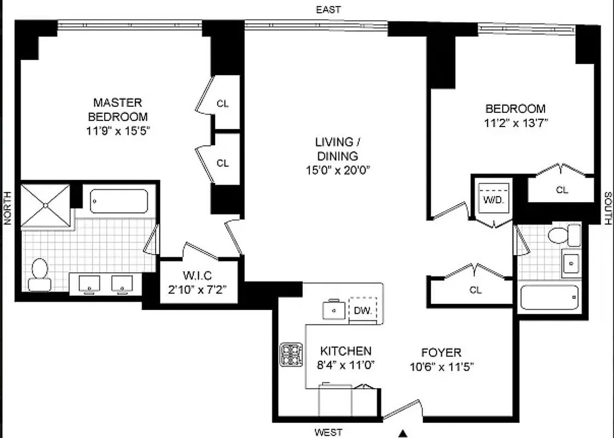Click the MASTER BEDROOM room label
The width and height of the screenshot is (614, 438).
pos(118,109)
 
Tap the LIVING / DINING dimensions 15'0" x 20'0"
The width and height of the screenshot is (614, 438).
pos(338,170)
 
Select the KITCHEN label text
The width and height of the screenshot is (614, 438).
pos(346,351)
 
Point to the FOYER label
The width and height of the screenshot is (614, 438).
pos(441,352)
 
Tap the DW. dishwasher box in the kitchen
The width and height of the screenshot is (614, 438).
pos(363,310)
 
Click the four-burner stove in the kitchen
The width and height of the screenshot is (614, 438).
pos(291,354)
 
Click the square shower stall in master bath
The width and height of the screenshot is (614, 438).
pos(45,205)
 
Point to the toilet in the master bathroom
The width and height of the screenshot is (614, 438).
pos(39,274)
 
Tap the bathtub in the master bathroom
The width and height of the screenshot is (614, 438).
pos(118,201)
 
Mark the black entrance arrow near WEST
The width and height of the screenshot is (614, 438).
pos(404,434)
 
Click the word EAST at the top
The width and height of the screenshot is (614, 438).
pos(328,9)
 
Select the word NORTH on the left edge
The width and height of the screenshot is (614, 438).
pos(7,209)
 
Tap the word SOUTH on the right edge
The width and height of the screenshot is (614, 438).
pos(607,209)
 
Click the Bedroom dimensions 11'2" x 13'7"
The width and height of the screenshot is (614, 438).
pos(515,123)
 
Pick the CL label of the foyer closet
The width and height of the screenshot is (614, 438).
pos(475,290)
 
